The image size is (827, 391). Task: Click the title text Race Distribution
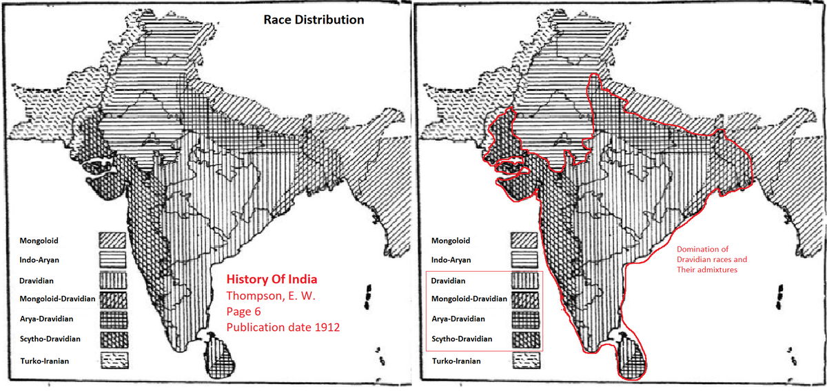314,20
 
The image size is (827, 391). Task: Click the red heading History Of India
272,280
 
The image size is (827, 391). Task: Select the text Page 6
245,311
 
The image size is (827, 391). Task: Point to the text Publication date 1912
283,327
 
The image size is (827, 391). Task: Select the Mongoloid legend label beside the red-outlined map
451,241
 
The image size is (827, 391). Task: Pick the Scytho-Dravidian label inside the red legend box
462,339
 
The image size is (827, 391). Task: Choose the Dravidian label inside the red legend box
449,281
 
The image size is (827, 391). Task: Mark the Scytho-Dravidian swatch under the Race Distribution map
112,340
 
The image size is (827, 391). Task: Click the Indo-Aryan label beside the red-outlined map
451,260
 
